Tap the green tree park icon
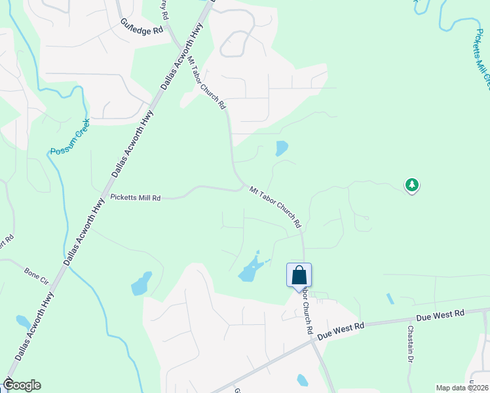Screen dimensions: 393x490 coord(411,185)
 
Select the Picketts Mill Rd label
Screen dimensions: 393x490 coord(136,196)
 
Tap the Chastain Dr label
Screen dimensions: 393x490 coord(411,344)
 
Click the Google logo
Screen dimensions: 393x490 coord(22,385)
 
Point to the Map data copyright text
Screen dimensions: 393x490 coord(462,388)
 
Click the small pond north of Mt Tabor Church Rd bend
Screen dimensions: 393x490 coord(282,148)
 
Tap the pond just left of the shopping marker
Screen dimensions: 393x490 coord(252,269)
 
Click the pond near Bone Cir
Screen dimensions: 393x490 coord(23,322)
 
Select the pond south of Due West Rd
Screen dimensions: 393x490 coord(302,380)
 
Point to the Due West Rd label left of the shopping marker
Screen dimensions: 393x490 coord(340,329)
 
